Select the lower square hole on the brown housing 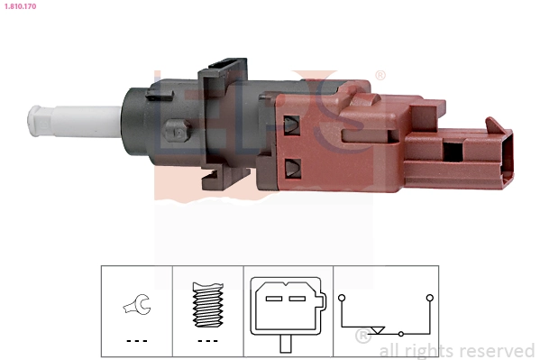point(292,167)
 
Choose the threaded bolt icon point(208,306)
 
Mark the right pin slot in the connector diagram point(297,298)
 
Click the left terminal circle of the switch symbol point(342,295)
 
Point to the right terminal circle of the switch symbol point(430,295)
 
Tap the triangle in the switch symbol point(379,331)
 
